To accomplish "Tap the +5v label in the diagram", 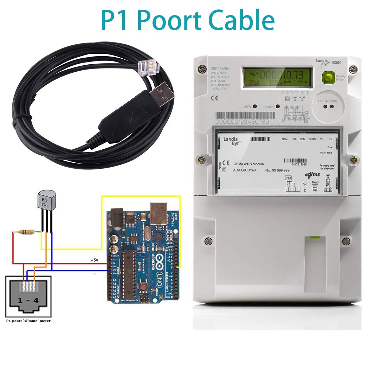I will coord(94,260).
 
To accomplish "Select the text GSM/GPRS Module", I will coord(248,164).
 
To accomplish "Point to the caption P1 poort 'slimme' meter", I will coord(28,321).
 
